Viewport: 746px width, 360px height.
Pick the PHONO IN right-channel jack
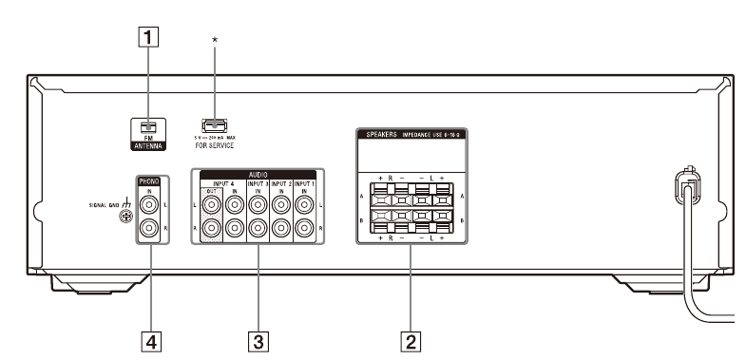149,229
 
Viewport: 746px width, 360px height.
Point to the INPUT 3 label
257,182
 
